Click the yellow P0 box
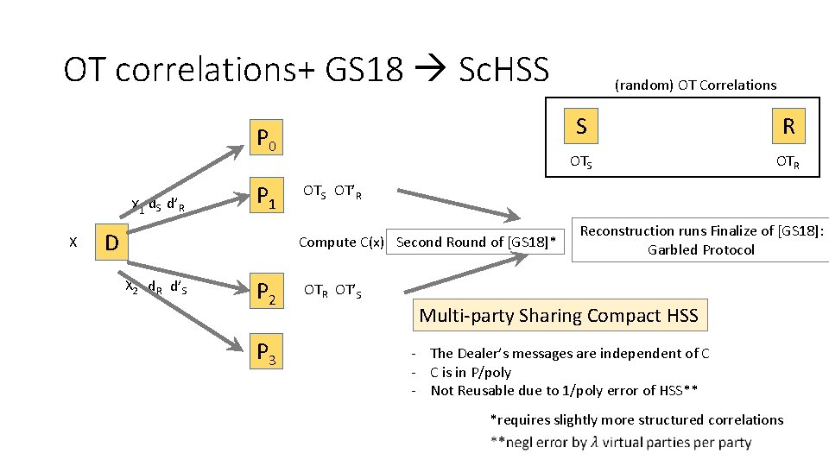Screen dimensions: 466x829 [267, 138]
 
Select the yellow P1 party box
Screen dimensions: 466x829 [267, 202]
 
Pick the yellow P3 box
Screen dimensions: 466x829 [267, 353]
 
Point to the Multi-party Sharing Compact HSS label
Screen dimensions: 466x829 [559, 316]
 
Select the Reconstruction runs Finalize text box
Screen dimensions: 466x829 [701, 240]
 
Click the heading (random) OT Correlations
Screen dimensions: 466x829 [695, 85]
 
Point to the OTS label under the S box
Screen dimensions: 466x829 [579, 161]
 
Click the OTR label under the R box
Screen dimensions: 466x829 [787, 161]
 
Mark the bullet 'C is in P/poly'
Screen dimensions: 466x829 [471, 372]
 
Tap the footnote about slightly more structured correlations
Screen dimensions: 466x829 [636, 420]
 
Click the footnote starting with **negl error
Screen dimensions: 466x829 [620, 443]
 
